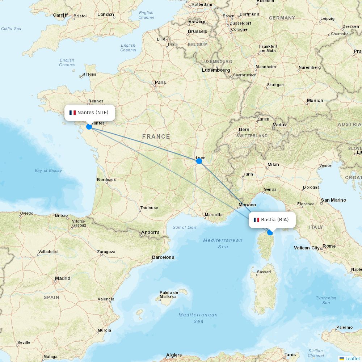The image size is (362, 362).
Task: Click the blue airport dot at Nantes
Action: pos(89,127)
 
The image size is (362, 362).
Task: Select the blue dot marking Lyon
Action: pos(199,161)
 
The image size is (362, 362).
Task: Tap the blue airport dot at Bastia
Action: pos(270,232)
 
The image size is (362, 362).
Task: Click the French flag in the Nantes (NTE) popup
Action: pos(72,113)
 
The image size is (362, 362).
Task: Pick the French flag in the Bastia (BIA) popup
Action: pos(256,220)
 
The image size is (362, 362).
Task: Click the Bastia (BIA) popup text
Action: pos(275,220)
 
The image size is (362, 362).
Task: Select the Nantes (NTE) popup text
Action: pos(93,113)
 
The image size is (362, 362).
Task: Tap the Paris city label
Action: pos(160,83)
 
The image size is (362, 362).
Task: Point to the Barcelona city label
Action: pos(163,257)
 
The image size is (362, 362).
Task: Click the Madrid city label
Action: pos(63,278)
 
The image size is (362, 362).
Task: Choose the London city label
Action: pos(106,14)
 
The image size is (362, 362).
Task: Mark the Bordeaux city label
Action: pos(106,180)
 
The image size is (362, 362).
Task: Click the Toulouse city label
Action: pos(149,208)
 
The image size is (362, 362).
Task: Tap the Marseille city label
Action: pos(214,215)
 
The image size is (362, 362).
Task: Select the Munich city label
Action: pos(315,101)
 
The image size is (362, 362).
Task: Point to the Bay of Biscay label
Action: pos(48,171)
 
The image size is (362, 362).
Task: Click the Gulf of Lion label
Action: pos(184,227)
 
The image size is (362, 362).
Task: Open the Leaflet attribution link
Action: pos(352,358)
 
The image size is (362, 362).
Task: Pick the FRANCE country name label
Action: pos(156,136)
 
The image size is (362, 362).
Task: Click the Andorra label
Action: pos(151,232)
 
